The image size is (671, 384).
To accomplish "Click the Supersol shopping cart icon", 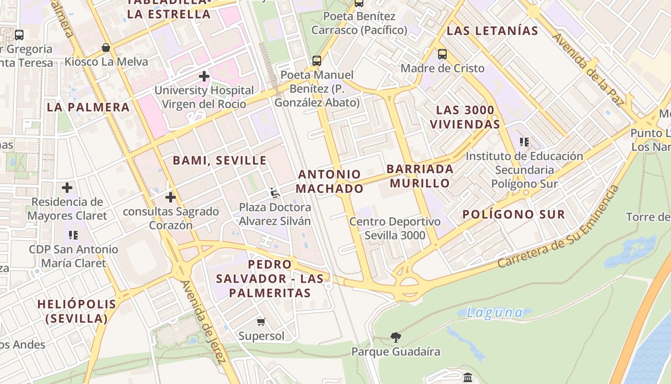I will [x=261, y=322].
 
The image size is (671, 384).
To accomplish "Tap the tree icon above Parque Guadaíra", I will [x=395, y=337].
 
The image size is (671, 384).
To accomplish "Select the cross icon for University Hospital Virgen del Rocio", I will [x=204, y=76].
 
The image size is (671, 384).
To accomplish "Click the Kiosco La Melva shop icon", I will [x=106, y=48].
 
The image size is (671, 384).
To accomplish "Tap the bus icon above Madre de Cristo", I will [x=442, y=54].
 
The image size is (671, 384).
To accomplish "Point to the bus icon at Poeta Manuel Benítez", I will [x=316, y=61].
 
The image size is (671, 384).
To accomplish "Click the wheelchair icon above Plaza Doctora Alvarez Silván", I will [x=275, y=193].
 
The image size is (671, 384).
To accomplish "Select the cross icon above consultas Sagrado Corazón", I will [x=171, y=197].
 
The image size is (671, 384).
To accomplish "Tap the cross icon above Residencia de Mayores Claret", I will [x=67, y=188].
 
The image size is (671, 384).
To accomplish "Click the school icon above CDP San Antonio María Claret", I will [x=73, y=235].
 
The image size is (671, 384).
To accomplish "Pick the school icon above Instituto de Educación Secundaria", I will [x=524, y=142].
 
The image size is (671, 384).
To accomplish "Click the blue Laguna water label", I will [x=495, y=313].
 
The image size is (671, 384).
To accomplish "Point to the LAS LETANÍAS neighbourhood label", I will [x=492, y=31].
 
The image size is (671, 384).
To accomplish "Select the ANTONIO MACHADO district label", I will [x=329, y=181].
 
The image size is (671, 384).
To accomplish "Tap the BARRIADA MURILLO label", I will [x=420, y=176].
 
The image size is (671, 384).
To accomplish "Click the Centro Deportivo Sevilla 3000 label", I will [x=394, y=228].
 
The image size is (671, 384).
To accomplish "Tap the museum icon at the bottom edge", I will [x=468, y=378].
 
